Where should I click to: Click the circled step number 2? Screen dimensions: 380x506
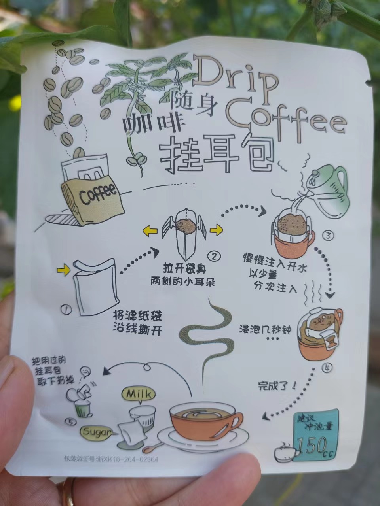click(x=214, y=256)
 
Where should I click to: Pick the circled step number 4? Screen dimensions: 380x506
click(x=327, y=368)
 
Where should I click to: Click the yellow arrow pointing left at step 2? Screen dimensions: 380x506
click(x=150, y=231)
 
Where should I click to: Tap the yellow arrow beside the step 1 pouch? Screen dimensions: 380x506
click(x=63, y=270)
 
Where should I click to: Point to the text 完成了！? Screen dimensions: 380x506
click(x=277, y=386)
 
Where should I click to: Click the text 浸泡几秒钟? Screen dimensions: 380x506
click(x=266, y=330)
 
